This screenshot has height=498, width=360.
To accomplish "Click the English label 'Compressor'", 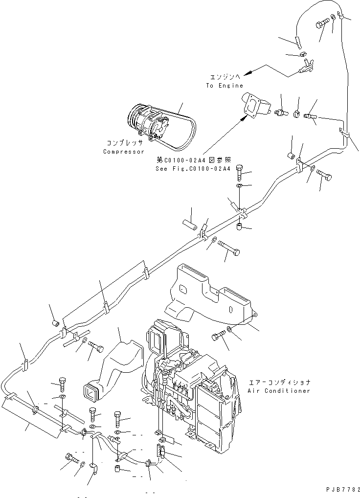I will pos(124,152).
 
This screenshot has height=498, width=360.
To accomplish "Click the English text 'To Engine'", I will pos(224,86).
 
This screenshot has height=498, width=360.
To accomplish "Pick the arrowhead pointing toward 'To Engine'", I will pos(247,73).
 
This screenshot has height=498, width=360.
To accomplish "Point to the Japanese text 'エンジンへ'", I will pos(225,77).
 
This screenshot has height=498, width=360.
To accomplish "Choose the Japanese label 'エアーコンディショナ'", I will pos(279,383).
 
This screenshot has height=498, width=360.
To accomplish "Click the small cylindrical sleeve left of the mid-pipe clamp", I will pos(189,225).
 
